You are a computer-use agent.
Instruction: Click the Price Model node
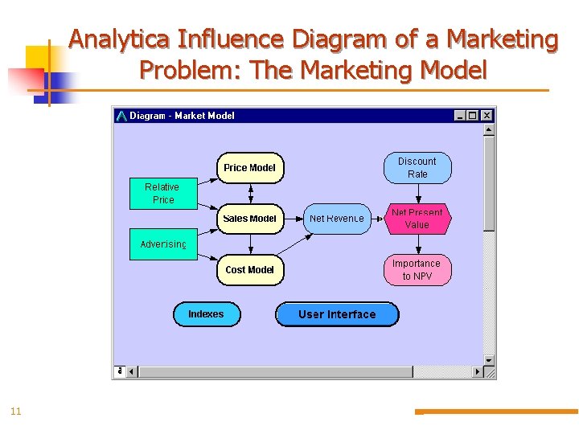click(x=249, y=168)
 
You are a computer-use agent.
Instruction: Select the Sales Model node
click(x=249, y=219)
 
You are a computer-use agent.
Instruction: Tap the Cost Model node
click(x=249, y=270)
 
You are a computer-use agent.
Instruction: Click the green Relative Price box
click(x=163, y=193)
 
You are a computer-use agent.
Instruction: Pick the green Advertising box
click(x=163, y=244)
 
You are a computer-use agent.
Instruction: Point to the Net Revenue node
click(x=336, y=219)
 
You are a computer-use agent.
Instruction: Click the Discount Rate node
click(x=417, y=168)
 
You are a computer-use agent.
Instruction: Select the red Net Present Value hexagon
click(x=417, y=219)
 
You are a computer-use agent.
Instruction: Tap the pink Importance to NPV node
click(x=417, y=270)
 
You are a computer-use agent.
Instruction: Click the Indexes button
click(x=207, y=314)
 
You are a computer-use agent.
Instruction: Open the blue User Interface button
click(x=337, y=314)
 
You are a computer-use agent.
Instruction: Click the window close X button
click(x=487, y=116)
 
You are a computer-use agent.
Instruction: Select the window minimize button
click(x=460, y=116)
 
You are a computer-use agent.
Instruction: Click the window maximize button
click(x=473, y=116)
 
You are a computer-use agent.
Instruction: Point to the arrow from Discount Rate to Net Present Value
click(x=417, y=194)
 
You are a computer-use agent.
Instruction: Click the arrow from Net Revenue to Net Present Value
click(x=377, y=219)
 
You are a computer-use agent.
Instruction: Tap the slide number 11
click(x=15, y=411)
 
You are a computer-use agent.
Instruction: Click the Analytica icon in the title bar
click(x=121, y=116)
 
